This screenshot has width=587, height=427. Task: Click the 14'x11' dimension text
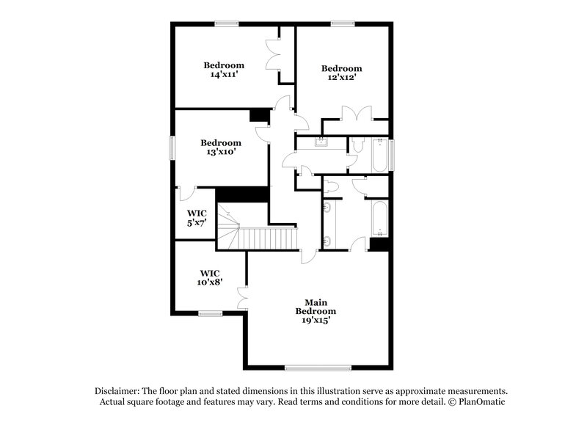[224, 75]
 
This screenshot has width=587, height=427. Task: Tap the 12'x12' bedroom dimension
[342, 78]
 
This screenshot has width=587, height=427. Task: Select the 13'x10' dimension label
[221, 153]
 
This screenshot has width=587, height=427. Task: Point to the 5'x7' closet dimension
[194, 223]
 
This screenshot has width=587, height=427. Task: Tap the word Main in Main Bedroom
[316, 302]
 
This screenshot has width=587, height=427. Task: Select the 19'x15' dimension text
[316, 320]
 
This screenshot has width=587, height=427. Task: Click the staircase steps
[268, 238]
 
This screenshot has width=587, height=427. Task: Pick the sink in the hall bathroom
[322, 142]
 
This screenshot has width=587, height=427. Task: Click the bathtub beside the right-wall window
[379, 155]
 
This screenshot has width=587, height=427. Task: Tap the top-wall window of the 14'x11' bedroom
[227, 24]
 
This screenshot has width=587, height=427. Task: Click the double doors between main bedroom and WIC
[243, 298]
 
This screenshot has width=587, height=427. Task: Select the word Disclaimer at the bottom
[120, 390]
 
